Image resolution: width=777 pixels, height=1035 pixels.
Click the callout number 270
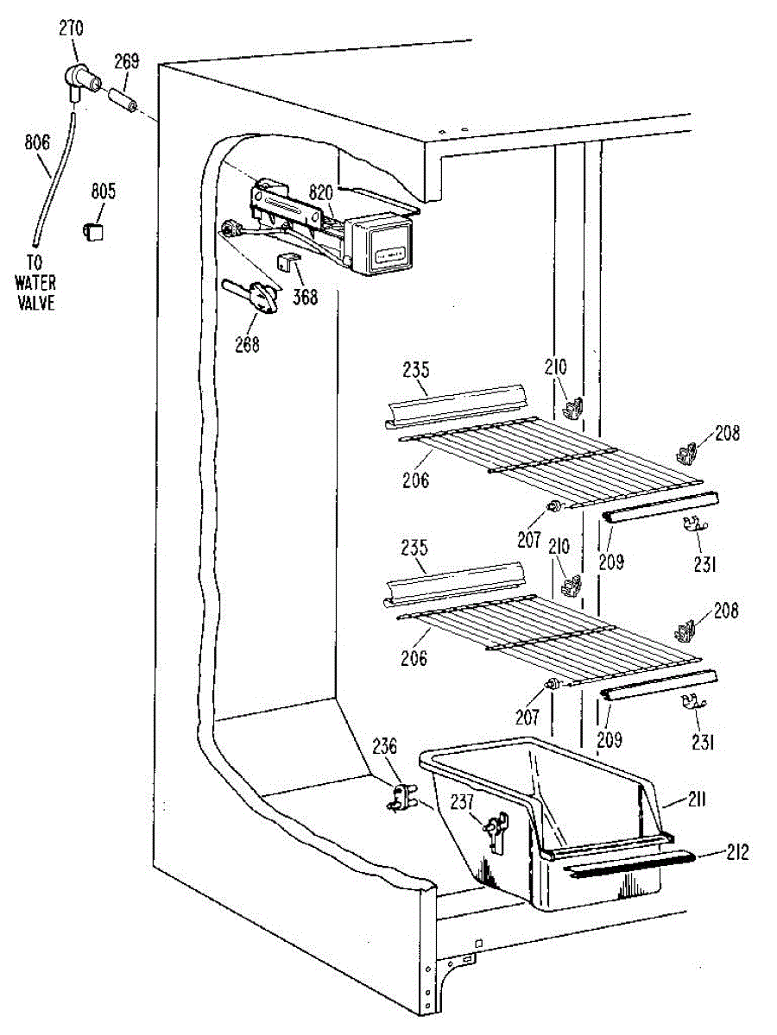(x=71, y=28)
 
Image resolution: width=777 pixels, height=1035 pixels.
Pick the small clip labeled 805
(x=93, y=230)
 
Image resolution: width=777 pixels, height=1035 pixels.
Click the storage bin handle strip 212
(x=630, y=862)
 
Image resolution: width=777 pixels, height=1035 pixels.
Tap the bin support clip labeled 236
(x=399, y=797)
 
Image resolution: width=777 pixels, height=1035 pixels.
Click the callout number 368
(x=304, y=298)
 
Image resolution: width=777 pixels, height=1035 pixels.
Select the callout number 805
(x=103, y=191)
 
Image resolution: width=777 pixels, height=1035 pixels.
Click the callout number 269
(x=126, y=62)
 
